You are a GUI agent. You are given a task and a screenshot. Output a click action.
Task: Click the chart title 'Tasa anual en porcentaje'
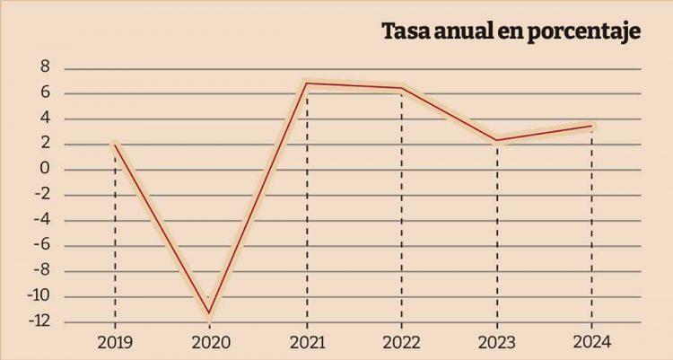510,31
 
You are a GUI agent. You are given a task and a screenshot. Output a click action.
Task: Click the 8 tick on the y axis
44,68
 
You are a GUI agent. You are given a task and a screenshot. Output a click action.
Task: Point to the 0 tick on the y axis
44,170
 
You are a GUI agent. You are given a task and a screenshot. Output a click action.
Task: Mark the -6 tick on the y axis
40,246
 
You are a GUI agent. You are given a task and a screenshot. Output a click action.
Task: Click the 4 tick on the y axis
44,119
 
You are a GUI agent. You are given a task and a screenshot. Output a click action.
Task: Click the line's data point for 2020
210,313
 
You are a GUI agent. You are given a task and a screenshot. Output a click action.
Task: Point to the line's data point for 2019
115,144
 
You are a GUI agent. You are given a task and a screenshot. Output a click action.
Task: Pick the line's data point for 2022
401,88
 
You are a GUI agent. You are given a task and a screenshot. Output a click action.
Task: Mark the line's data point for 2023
496,140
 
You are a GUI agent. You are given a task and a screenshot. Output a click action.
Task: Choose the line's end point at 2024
591,126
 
